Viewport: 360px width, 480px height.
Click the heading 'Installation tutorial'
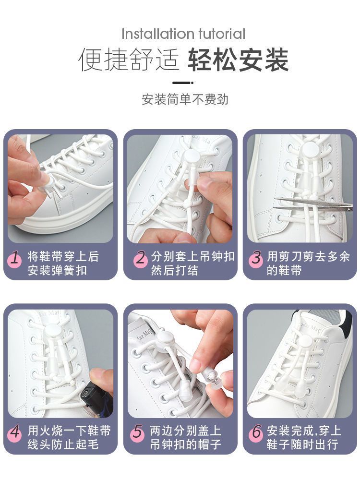(x=183, y=34)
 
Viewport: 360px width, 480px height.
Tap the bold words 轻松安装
(x=238, y=60)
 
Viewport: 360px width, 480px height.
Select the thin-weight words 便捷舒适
(x=129, y=60)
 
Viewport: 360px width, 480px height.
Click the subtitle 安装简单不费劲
(x=185, y=99)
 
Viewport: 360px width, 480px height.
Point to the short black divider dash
(x=183, y=83)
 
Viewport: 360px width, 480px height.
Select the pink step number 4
(x=14, y=433)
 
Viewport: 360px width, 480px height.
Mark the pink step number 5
(x=137, y=433)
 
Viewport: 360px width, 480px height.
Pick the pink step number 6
(x=256, y=433)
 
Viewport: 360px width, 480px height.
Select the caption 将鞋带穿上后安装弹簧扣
(x=63, y=263)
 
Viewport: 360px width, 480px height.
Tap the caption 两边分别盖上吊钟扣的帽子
(x=185, y=437)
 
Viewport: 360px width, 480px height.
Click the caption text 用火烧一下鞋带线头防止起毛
(x=69, y=437)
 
